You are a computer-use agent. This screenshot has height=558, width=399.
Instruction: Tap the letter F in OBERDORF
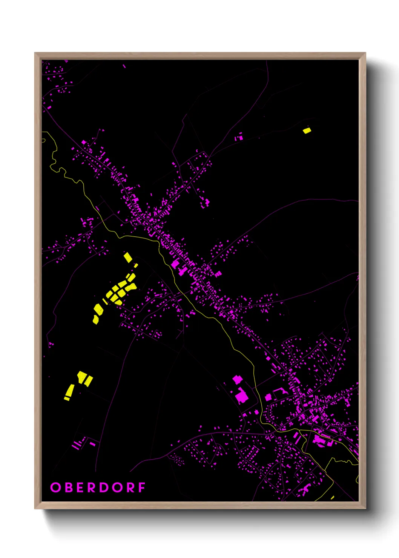142,487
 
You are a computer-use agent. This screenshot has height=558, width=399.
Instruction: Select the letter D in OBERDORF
105,487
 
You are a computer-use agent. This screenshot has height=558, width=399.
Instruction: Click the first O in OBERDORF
55,487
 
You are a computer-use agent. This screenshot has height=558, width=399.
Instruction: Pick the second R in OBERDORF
130,487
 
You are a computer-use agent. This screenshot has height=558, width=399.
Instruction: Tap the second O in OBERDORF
117,487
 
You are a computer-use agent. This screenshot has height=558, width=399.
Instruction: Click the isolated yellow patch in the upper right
307,130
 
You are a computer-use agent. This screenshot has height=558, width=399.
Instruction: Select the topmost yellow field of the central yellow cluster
128,258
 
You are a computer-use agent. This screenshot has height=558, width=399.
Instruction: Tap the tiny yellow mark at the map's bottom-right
332,497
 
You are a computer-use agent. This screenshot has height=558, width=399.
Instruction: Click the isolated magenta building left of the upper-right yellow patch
239,137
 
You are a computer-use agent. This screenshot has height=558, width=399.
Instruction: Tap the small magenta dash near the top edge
124,66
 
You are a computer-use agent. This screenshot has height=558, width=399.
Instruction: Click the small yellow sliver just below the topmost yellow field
136,265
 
